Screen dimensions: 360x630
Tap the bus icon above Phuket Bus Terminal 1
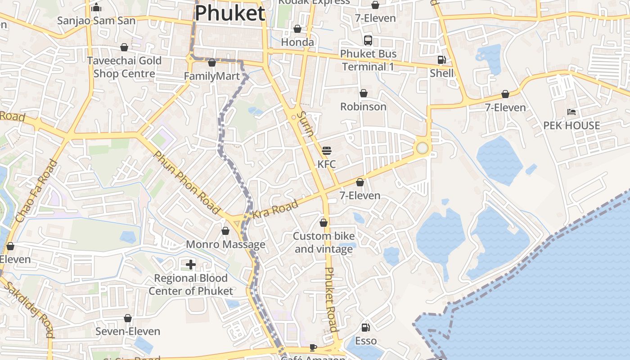coord(368,40)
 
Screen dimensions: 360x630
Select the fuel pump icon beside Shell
coord(442,60)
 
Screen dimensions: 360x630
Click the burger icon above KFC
coord(327,150)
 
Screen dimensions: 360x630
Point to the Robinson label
coord(363,107)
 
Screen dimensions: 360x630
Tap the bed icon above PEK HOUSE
coord(571,112)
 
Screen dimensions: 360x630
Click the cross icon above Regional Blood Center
coord(191,265)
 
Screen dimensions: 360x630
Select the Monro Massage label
coord(225,244)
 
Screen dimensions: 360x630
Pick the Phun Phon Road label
coord(186,182)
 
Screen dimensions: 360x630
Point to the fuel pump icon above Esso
coord(366,328)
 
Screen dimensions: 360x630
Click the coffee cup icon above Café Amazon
coord(313,347)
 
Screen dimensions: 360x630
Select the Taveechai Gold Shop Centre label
coord(124,67)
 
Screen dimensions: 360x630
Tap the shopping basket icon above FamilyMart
coord(212,63)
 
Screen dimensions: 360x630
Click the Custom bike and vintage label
coord(324,243)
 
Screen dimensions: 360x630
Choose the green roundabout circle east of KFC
coord(422,148)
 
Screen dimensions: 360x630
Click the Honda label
coord(297,42)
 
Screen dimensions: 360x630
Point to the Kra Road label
coord(275,209)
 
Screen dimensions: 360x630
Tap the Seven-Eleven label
coord(128,332)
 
